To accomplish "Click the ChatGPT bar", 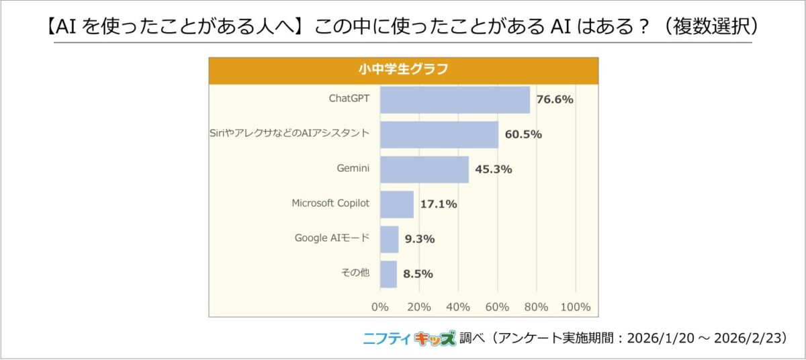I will [x=455, y=99].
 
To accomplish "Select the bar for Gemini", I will [x=424, y=169].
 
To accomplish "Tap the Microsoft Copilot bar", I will [x=397, y=204].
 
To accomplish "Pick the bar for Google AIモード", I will [x=390, y=239].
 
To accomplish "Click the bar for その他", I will [x=388, y=274].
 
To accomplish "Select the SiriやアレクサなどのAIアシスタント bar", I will [x=439, y=134].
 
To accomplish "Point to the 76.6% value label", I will [x=554, y=99].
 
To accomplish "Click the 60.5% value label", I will [x=523, y=134].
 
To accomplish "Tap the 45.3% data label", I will [x=494, y=169].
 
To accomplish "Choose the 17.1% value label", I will [x=439, y=204].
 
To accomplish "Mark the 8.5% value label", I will [x=418, y=274].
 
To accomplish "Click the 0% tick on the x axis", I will [x=380, y=307].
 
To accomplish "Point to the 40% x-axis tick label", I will [x=458, y=307].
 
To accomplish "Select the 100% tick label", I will [x=575, y=307].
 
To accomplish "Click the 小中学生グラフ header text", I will [x=403, y=69].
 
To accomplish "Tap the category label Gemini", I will [x=353, y=169].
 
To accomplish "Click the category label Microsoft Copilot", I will [x=330, y=204].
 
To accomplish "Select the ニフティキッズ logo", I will [x=409, y=339].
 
